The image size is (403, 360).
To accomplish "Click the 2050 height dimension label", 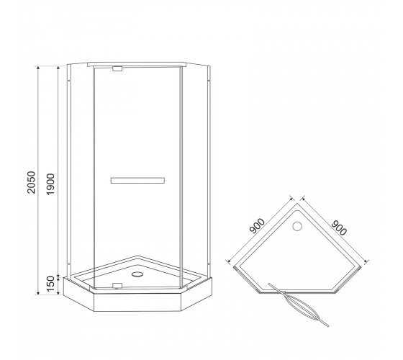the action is [31, 182].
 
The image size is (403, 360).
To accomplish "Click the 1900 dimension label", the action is [50, 184].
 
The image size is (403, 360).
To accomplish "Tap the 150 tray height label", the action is [51, 284].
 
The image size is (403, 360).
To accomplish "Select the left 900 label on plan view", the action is [257, 226].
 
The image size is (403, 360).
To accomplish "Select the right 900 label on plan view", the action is [339, 228].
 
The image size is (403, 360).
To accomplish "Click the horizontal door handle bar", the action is [137, 180].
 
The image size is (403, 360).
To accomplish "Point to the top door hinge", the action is [117, 68].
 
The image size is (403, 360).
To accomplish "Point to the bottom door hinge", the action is [117, 285].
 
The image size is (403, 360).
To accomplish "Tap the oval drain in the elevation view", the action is [137, 274].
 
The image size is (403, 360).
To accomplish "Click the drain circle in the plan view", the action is [297, 226].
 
